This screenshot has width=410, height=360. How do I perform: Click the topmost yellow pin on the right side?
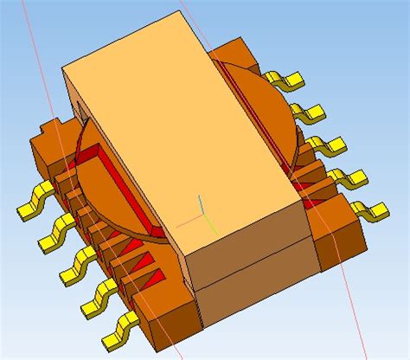tap(285, 80)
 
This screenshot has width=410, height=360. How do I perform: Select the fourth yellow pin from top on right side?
tap(350, 177)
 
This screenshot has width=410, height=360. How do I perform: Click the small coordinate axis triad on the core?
tap(201, 209)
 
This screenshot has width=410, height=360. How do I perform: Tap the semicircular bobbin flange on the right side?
tap(259, 95)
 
